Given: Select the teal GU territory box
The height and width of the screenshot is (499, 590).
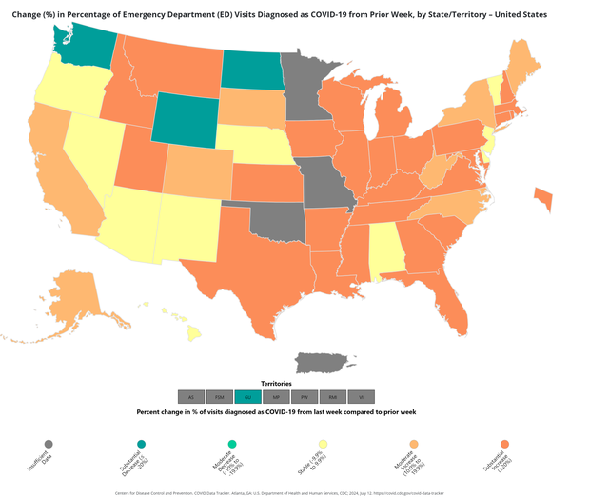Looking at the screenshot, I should (x=248, y=396).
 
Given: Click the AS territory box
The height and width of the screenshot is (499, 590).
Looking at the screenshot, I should (x=191, y=396).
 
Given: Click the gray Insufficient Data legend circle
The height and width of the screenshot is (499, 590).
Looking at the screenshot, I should (x=49, y=444).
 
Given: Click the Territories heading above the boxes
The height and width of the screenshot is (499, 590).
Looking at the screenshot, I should (x=276, y=382).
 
